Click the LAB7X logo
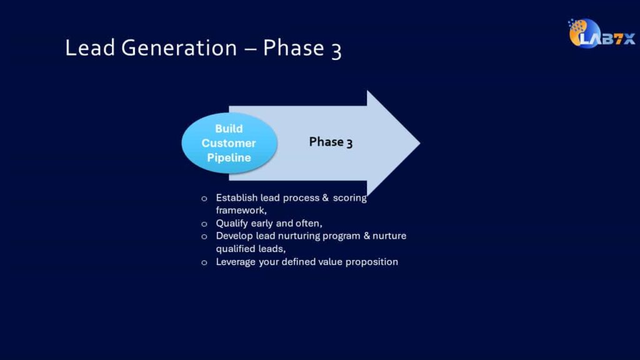click(x=602, y=34)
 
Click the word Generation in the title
click(x=179, y=47)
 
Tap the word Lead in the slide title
click(x=90, y=47)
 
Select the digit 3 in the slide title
click(x=336, y=51)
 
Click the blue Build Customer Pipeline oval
click(x=229, y=143)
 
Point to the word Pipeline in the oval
click(x=229, y=157)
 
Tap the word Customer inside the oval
click(x=229, y=143)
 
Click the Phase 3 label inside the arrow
click(x=331, y=142)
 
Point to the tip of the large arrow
click(x=420, y=143)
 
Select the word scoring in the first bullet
click(x=350, y=198)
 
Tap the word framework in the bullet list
click(x=241, y=211)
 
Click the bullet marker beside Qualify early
click(x=204, y=224)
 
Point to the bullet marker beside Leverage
click(x=204, y=262)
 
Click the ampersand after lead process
click(x=325, y=197)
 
